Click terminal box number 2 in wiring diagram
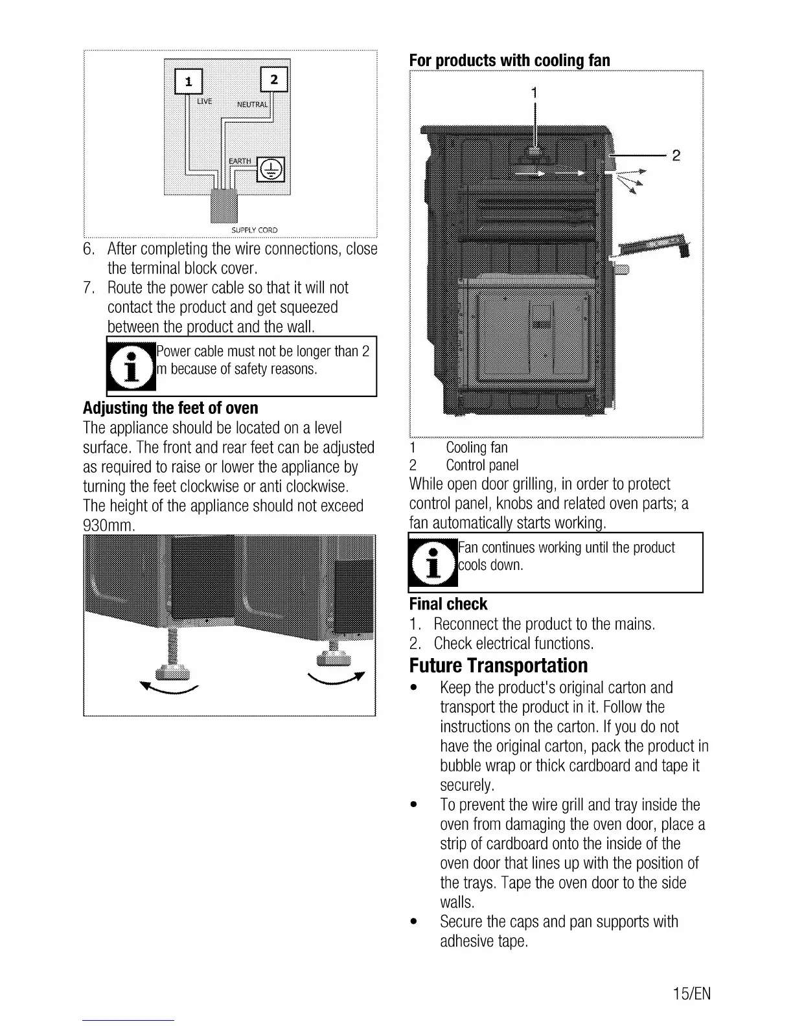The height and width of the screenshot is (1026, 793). tap(273, 80)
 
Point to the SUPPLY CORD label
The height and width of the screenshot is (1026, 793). tap(254, 230)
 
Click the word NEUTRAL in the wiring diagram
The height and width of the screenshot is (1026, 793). tap(252, 104)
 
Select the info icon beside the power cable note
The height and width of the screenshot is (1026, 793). tap(132, 367)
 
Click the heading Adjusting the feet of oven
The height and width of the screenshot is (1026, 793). tap(170, 408)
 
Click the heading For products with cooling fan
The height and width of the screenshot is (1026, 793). tap(509, 60)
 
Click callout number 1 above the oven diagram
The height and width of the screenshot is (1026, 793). tap(534, 93)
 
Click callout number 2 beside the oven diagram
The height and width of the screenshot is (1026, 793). tap(676, 155)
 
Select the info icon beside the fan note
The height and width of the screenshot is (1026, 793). tap(433, 562)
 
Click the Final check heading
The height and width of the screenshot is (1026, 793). tap(448, 604)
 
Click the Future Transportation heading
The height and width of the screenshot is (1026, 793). tap(499, 665)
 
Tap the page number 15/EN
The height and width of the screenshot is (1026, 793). tap(691, 994)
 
